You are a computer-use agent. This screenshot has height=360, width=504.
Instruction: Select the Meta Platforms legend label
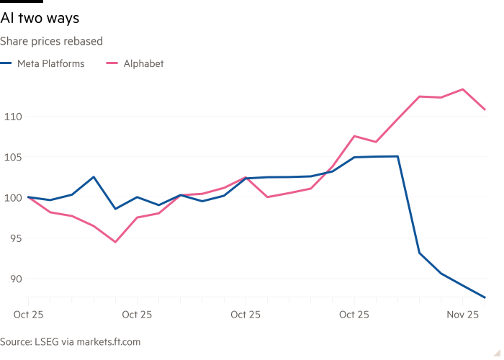coord(50,63)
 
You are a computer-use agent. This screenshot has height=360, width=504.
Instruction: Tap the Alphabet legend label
coord(143,63)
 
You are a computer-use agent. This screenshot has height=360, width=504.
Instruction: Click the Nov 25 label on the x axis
coord(464,315)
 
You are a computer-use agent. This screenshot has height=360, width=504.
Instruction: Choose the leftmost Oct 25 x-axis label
coord(29,315)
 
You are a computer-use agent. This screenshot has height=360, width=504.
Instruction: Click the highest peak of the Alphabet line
coord(463,89)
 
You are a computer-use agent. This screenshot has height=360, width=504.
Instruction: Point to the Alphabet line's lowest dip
coord(115,242)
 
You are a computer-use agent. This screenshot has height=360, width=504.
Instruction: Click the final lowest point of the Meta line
coord(485,297)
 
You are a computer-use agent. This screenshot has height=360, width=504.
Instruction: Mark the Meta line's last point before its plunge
coord(397,156)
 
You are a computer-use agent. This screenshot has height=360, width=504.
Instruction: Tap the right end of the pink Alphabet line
coord(485,109)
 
